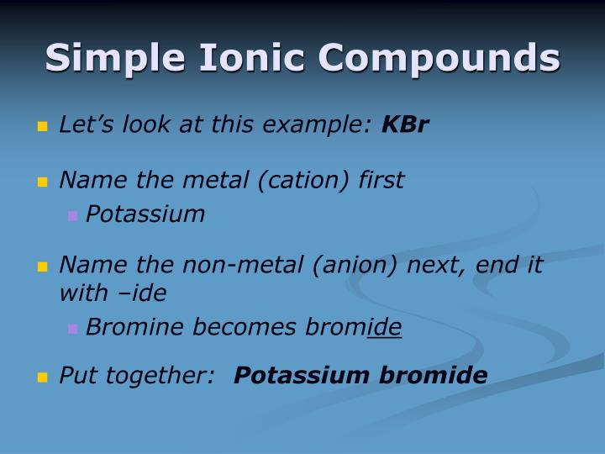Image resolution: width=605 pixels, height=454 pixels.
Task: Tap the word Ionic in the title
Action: [x=249, y=58]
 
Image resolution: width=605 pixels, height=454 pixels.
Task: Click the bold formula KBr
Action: [x=405, y=125]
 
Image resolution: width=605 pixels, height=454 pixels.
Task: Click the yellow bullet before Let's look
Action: [x=43, y=127]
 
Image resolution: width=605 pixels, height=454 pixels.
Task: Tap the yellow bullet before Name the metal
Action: [x=43, y=182]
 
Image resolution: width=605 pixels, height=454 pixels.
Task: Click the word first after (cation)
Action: [x=381, y=180]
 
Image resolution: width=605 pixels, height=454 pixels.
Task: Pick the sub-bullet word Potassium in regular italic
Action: [x=145, y=214]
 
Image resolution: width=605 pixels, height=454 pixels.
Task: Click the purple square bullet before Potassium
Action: [x=72, y=216]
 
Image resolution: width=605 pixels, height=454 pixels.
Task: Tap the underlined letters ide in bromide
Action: [x=387, y=328]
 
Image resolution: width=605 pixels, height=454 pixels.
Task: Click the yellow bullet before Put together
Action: [x=43, y=377]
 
